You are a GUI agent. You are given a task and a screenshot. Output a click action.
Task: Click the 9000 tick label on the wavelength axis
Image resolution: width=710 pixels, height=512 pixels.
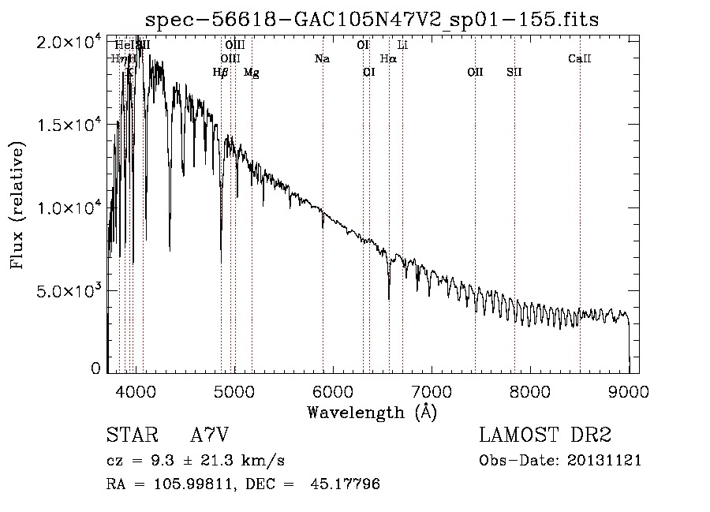tap(629, 391)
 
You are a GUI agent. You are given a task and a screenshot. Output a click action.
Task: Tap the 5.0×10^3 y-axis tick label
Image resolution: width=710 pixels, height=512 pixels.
tap(68, 290)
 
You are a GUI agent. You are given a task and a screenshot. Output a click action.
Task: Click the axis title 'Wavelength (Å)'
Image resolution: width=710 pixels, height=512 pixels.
tap(372, 412)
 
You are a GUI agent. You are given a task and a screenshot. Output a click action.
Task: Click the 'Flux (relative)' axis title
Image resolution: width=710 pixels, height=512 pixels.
tap(17, 206)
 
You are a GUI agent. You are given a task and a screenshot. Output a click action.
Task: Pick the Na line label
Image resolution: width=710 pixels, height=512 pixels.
tap(322, 58)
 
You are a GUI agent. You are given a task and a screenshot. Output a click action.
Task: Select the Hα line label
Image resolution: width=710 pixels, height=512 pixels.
tap(388, 58)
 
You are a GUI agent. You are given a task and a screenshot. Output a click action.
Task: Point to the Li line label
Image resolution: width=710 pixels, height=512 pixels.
tap(402, 45)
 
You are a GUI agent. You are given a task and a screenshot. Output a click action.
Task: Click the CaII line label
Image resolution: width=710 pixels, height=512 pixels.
tap(580, 58)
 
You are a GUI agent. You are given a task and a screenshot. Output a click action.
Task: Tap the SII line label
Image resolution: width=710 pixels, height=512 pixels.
tap(514, 73)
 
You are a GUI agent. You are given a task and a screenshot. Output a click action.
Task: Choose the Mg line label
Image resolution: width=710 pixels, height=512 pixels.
tap(251, 73)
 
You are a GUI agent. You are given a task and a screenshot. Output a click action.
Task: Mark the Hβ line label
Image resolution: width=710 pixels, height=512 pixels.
tap(221, 73)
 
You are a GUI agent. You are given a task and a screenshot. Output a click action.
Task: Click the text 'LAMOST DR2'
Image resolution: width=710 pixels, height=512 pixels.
tap(544, 435)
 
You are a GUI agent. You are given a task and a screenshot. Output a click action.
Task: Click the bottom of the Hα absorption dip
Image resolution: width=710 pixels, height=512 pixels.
tap(389, 298)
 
